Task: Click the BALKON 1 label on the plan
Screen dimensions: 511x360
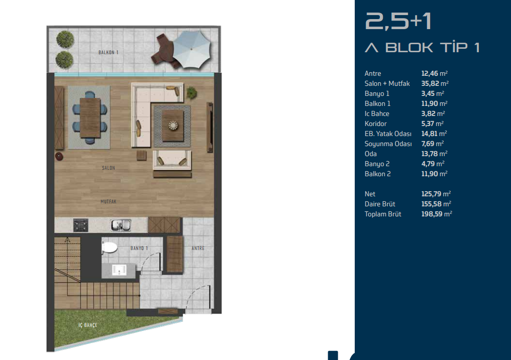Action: [x=109, y=52]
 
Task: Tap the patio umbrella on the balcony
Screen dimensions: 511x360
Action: [x=191, y=49]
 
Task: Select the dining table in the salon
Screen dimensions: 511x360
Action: [x=90, y=117]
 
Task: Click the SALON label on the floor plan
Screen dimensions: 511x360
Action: [x=109, y=168]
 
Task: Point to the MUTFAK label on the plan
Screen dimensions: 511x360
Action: [x=109, y=202]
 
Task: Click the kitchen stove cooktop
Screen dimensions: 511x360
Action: [x=80, y=225]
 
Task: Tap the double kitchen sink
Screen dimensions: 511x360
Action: [x=121, y=225]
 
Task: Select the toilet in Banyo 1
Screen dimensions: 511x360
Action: [x=109, y=248]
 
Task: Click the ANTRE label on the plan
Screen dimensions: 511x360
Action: [x=198, y=248]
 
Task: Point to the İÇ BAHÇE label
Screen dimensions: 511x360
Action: [x=87, y=325]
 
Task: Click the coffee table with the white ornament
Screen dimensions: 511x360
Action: [x=173, y=126]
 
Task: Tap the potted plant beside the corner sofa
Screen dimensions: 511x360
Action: [x=191, y=93]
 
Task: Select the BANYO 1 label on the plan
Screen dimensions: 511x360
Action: [x=139, y=248]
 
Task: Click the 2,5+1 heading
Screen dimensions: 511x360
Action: [x=398, y=22]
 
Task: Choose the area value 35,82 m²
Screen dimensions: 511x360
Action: [x=435, y=83]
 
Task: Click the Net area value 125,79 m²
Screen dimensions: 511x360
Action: [x=436, y=194]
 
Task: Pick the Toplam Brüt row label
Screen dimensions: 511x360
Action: [x=383, y=214]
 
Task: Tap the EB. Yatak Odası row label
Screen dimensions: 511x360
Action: [x=388, y=134]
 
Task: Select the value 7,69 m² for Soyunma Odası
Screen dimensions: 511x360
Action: [x=433, y=144]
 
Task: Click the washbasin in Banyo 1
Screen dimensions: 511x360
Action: [x=119, y=270]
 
